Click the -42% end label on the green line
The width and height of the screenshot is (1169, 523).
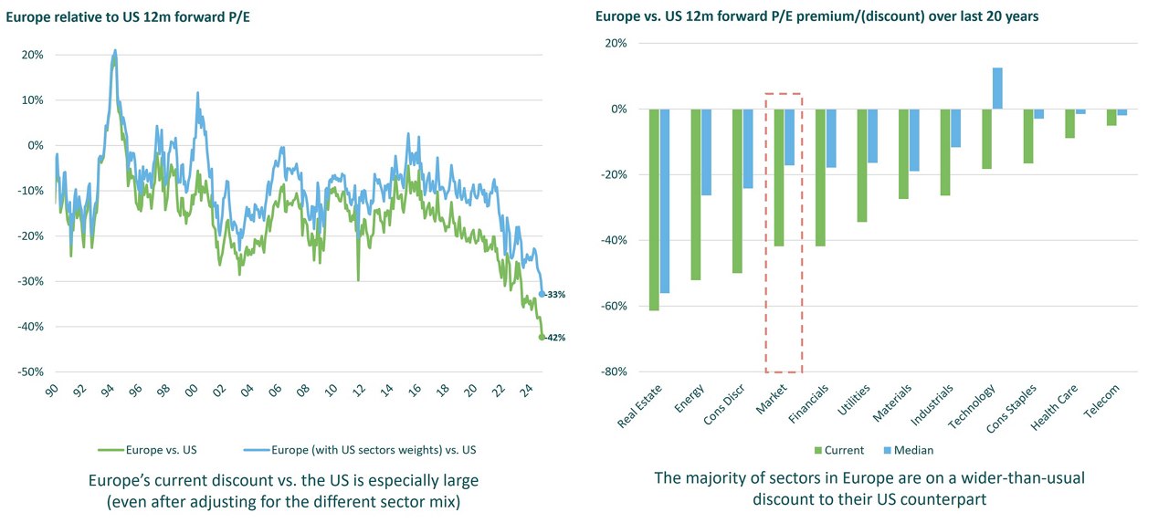coord(555,338)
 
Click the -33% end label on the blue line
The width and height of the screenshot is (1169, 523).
coord(555,295)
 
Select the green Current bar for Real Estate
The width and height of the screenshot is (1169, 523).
coord(654,210)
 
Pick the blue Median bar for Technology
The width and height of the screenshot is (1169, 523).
coord(997,89)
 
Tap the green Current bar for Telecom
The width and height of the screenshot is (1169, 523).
coord(1111,117)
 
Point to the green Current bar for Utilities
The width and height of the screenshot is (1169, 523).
coord(862,165)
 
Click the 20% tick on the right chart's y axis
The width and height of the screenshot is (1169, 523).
coord(614,44)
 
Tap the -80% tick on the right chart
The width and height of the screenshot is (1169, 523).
coord(612,372)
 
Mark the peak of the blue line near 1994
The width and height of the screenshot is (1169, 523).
coord(115,51)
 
